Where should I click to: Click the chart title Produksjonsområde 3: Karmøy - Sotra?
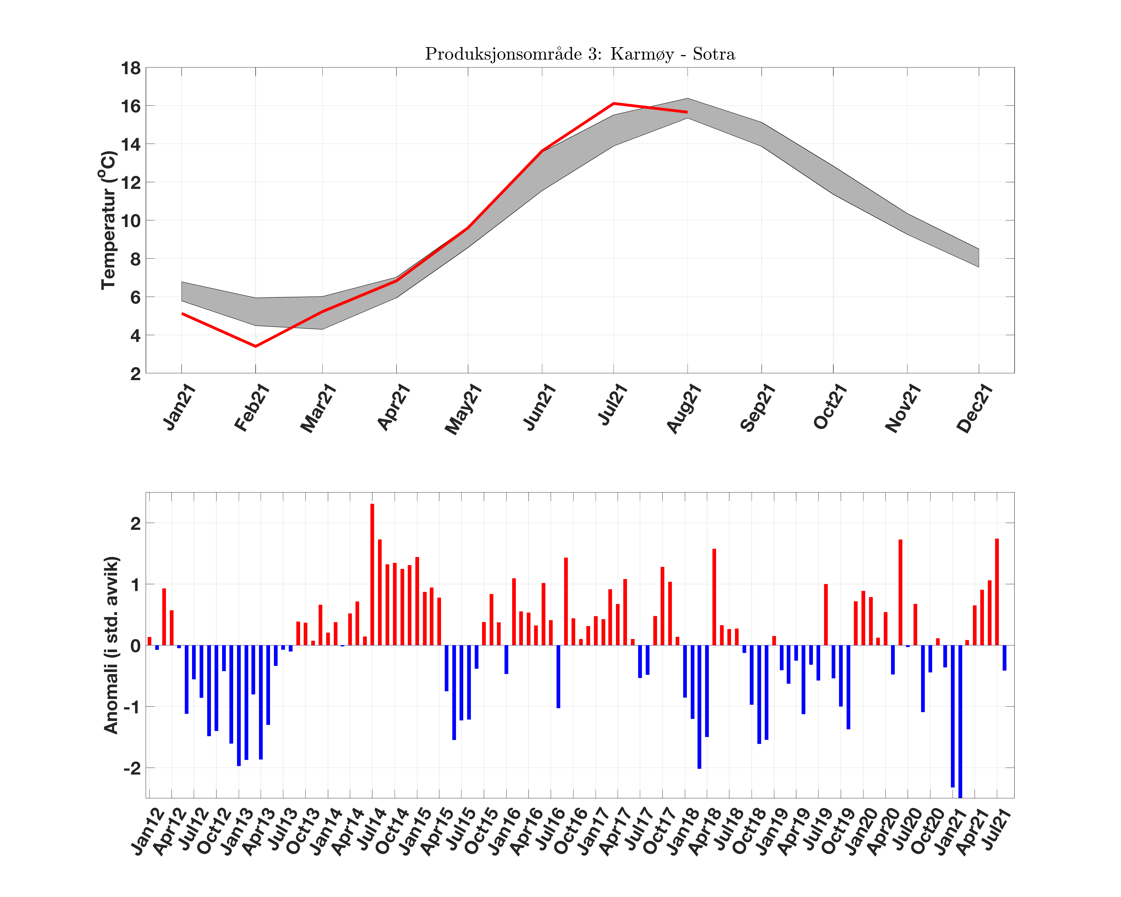[x=580, y=54]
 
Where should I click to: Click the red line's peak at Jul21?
[x=614, y=103]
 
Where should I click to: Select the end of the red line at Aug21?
[x=687, y=112]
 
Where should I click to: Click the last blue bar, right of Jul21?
[x=1004, y=658]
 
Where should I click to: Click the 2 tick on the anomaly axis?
[x=135, y=523]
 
